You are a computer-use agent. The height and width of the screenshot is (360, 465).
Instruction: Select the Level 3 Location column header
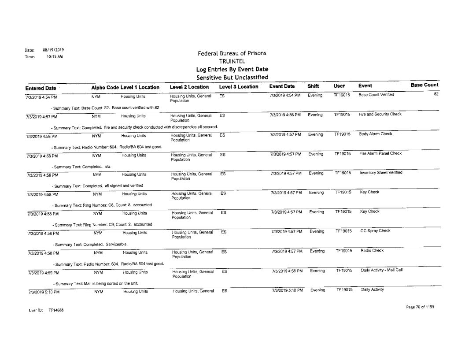click(x=237, y=88)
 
